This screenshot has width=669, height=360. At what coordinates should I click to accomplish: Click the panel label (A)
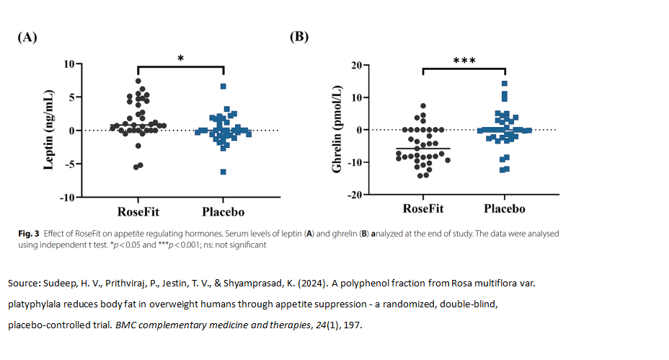(x=27, y=38)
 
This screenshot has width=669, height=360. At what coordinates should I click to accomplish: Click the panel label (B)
(x=299, y=36)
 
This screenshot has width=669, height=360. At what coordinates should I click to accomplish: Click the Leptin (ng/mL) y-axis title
(x=49, y=131)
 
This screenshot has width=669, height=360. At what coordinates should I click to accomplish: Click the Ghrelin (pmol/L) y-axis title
(x=336, y=131)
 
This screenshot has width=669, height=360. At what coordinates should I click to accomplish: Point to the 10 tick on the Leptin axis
(x=69, y=63)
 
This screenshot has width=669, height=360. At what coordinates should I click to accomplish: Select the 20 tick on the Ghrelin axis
(x=355, y=65)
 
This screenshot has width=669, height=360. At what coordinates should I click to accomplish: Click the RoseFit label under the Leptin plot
(x=139, y=212)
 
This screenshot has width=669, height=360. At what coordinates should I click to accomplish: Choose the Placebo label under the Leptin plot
(x=223, y=212)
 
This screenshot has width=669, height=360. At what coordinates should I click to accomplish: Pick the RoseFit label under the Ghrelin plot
(x=423, y=209)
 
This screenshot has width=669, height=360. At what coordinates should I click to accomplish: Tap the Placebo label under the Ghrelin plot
(x=504, y=209)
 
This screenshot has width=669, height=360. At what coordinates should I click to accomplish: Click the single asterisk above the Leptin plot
(x=180, y=58)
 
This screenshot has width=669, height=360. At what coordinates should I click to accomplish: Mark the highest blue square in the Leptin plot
(x=223, y=87)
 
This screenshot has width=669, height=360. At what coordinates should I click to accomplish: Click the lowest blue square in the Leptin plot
(x=223, y=172)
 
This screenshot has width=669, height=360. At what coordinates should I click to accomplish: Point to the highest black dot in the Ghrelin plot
(x=423, y=106)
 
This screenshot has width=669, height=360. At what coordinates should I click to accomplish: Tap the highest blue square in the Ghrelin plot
(x=505, y=84)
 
